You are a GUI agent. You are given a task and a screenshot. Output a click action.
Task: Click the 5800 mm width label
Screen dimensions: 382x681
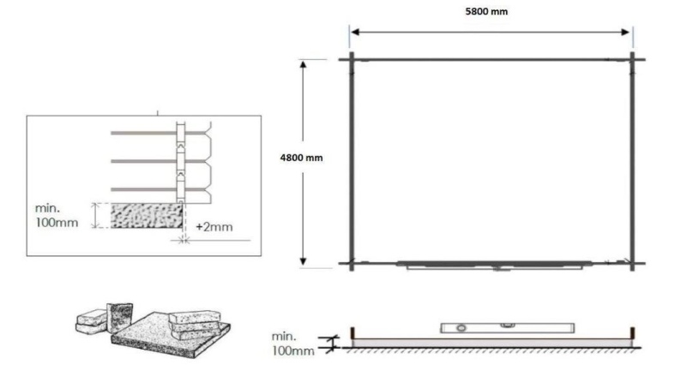click(491, 12)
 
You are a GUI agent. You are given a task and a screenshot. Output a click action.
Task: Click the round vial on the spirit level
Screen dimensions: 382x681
click(460, 327)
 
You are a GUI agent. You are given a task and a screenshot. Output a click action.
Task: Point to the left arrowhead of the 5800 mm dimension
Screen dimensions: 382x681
click(354, 33)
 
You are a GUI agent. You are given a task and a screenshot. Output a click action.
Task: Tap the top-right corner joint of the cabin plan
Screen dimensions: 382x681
click(632, 59)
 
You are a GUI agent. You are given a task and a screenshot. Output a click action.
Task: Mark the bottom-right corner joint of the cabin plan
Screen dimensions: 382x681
click(632, 264)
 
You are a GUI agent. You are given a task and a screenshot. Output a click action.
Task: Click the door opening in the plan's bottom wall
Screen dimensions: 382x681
click(497, 266)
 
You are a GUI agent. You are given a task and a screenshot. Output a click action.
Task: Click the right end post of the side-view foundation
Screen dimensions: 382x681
click(632, 332)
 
